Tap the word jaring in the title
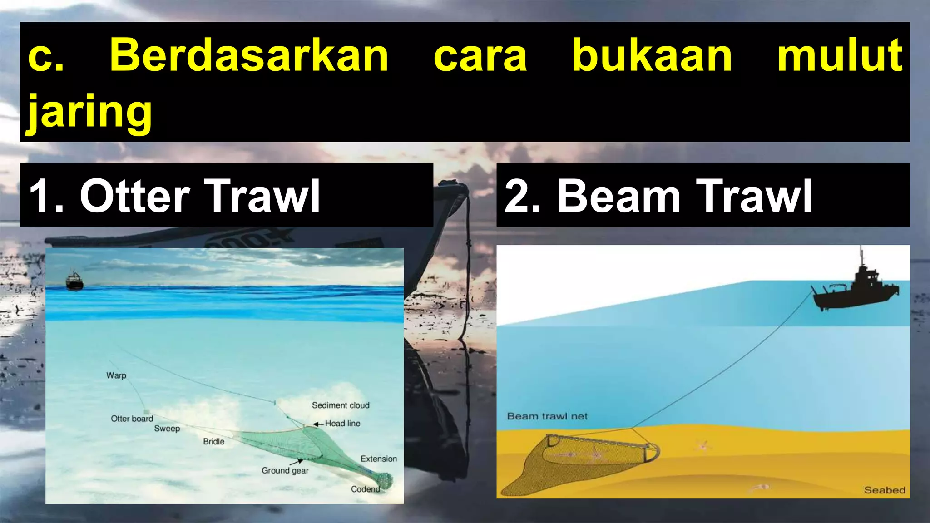point(89,112)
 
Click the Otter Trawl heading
point(175,196)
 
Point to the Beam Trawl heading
point(658,196)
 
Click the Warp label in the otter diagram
point(116,375)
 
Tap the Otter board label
point(132,419)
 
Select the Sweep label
point(167,429)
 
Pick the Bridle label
point(213,441)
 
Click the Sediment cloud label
point(341,405)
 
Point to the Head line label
point(342,423)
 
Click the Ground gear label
point(285,471)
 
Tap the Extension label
point(378,459)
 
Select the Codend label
point(365,489)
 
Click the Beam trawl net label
point(547,416)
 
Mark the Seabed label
point(884,490)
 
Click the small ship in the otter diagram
point(74,281)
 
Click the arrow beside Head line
point(318,424)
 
